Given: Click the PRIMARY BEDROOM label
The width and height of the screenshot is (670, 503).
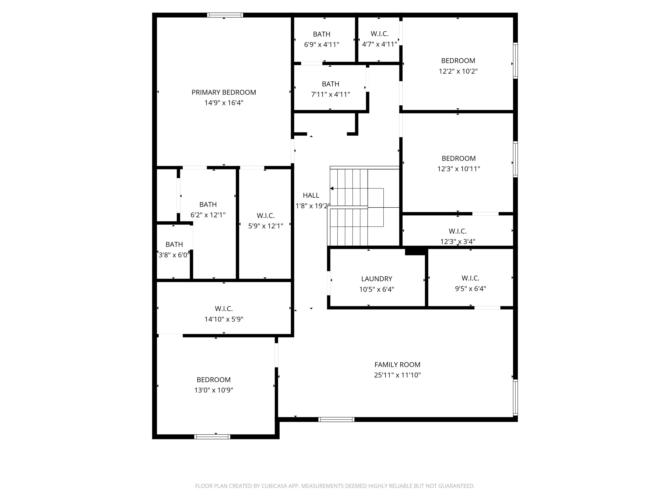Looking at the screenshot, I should (x=224, y=93).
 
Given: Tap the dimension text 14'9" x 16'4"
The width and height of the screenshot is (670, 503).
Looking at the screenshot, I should (x=224, y=103).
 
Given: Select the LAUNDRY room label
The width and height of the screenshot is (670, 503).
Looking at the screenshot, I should (x=376, y=279).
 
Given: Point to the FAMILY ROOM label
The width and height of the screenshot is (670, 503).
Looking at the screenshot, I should (x=397, y=365).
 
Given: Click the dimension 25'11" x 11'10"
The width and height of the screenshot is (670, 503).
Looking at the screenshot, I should (x=397, y=375).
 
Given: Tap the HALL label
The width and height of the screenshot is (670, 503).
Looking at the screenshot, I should (x=311, y=196).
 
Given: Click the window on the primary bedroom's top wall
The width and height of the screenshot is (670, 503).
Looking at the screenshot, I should (x=225, y=15).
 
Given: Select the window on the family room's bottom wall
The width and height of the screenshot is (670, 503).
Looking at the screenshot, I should (x=336, y=420).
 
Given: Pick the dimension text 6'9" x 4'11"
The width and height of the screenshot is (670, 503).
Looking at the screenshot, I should (x=321, y=45).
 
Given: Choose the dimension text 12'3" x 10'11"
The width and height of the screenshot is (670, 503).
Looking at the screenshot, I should (x=458, y=169).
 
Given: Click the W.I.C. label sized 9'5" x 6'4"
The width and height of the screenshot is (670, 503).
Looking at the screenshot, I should (x=470, y=278).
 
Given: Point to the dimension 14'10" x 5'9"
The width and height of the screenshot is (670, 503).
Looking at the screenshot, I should (x=224, y=319).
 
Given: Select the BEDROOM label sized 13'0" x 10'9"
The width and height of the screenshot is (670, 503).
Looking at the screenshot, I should (x=214, y=380).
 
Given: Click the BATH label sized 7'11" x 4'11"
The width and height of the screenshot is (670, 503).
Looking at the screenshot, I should (x=330, y=84).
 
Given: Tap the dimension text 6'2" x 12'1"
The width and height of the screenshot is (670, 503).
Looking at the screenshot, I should (x=208, y=215).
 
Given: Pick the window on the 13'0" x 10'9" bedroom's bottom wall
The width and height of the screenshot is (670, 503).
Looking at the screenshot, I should (x=212, y=437).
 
